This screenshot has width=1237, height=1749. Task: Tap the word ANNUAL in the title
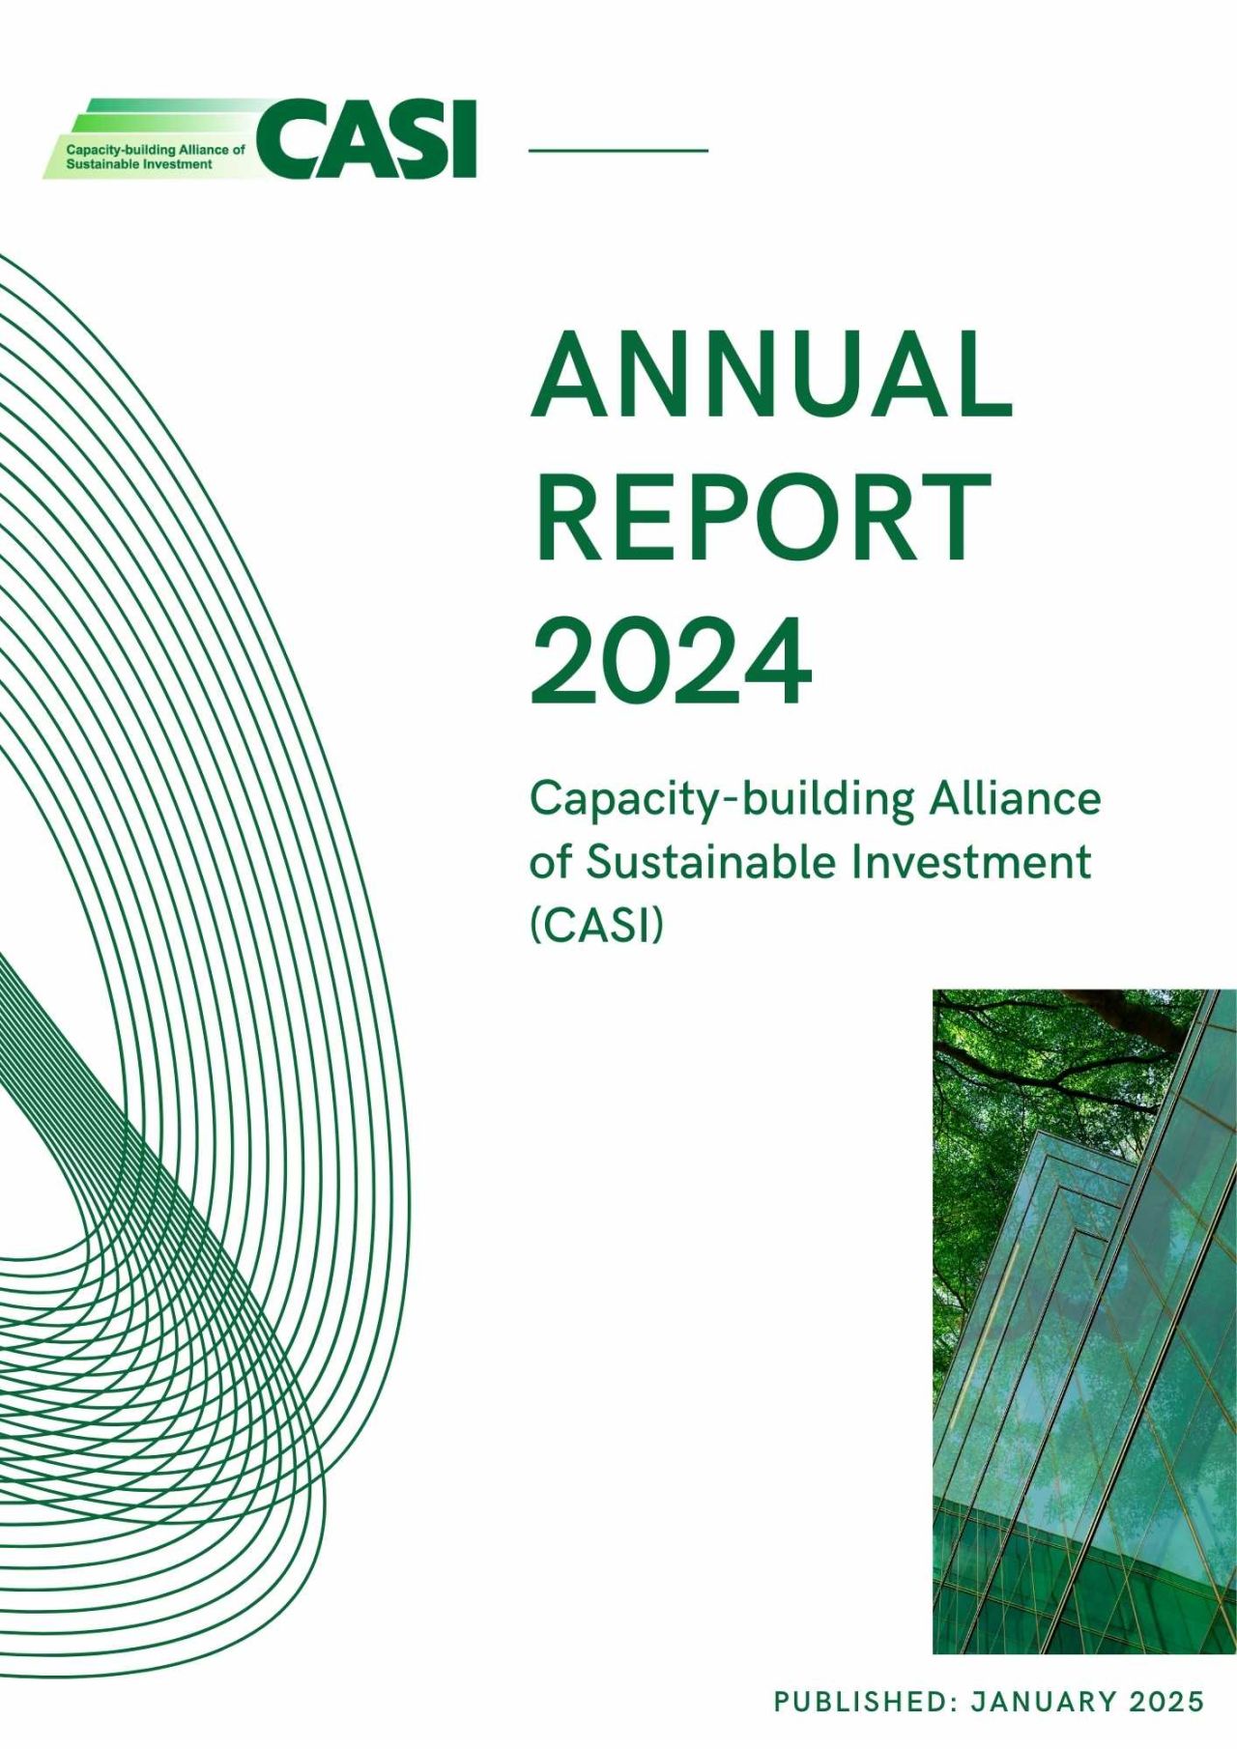[771, 374]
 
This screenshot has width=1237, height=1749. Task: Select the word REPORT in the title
[761, 517]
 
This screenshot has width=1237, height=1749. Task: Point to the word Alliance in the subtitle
[1015, 799]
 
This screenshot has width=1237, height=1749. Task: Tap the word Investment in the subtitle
[971, 862]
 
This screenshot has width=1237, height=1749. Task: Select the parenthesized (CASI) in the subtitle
[597, 926]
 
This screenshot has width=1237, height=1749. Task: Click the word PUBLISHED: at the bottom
[864, 1702]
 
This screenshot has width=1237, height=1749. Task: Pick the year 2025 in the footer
[1166, 1702]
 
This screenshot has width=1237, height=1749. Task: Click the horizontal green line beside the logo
[618, 151]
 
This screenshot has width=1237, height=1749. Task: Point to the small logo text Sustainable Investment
[139, 164]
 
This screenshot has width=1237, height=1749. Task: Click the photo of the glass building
[1084, 1321]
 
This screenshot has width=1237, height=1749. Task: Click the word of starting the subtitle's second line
[551, 862]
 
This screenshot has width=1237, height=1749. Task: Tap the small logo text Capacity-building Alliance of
[156, 151]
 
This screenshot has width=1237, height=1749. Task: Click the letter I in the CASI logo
[466, 139]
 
